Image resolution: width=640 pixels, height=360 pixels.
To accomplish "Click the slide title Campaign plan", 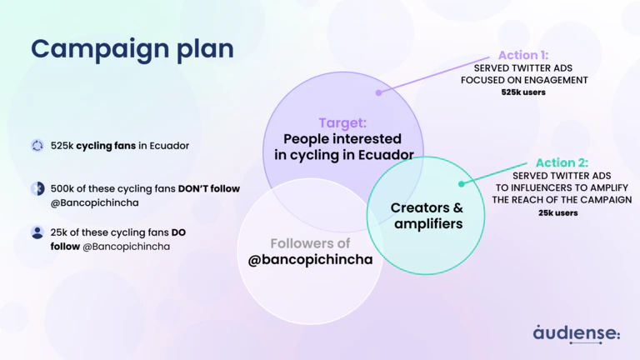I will click(x=132, y=49).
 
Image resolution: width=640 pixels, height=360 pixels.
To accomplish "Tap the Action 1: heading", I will click(x=524, y=55).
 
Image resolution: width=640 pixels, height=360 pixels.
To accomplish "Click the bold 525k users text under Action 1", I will click(x=524, y=92).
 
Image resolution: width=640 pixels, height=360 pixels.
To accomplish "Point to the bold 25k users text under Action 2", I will click(x=559, y=213).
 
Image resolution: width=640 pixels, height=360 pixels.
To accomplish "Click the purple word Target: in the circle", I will click(x=343, y=122).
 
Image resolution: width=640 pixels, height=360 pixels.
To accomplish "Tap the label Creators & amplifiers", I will click(x=427, y=216).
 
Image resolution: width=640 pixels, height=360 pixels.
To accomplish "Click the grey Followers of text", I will click(x=310, y=243).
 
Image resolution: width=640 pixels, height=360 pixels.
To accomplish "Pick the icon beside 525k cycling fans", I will click(x=37, y=146).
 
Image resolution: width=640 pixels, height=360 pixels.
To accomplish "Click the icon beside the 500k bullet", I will click(x=37, y=188).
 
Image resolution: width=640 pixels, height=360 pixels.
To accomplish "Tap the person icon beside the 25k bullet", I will click(x=37, y=232).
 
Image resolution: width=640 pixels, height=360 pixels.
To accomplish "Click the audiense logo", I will click(x=577, y=332).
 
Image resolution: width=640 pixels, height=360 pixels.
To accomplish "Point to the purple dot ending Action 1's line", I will click(x=379, y=92).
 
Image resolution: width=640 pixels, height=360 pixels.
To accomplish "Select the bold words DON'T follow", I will click(x=209, y=188).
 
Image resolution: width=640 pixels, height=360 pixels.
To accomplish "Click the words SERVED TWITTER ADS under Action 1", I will click(x=524, y=67).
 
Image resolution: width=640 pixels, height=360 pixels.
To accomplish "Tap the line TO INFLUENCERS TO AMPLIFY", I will click(x=561, y=188).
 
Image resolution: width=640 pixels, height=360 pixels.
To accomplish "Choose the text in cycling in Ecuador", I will click(x=344, y=155).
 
